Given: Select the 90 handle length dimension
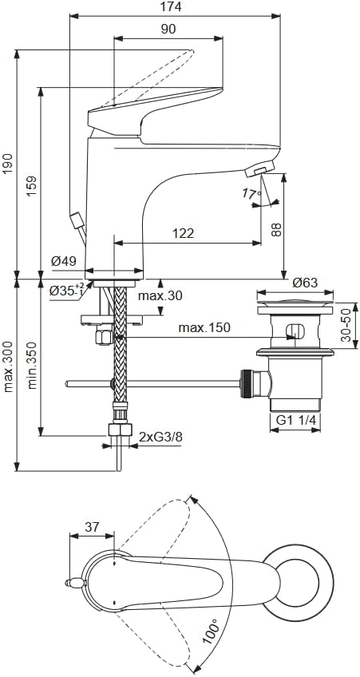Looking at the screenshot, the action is [168, 29].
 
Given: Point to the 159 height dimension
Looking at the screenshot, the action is [33, 186].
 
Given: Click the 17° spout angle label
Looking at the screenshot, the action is [251, 194].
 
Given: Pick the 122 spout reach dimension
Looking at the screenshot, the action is [184, 233].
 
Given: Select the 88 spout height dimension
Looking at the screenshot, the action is [277, 229].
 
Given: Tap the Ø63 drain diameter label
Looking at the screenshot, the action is [305, 283].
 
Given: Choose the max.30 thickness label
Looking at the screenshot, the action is [160, 295].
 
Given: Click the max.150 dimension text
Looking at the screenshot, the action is [204, 327].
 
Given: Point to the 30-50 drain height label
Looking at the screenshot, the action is [346, 325].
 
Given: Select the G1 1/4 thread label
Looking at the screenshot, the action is [295, 421].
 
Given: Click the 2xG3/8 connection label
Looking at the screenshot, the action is [161, 437].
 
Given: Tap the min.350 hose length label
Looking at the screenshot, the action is [33, 366].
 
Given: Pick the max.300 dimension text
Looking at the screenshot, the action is [8, 366].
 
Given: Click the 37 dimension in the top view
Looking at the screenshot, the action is [92, 527].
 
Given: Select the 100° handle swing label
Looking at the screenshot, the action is [210, 631].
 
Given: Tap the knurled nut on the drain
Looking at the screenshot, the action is [246, 382].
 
